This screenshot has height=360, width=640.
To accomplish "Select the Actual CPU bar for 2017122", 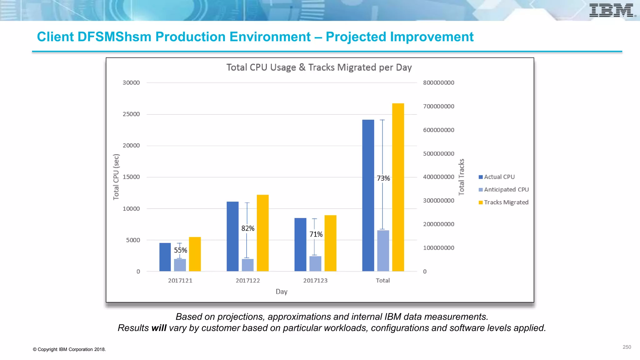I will (x=232, y=236).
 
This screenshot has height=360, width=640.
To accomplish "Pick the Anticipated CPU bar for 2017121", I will (x=180, y=265).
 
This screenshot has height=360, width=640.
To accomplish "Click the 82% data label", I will (x=248, y=228).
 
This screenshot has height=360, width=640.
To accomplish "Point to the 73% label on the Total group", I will (x=383, y=178).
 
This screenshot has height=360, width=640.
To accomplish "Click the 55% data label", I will (x=180, y=250).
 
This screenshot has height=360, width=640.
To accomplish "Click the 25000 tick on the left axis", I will (x=131, y=114).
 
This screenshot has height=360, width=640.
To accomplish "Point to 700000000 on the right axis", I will (x=438, y=106).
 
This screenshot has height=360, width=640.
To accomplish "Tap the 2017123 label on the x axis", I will (x=315, y=281).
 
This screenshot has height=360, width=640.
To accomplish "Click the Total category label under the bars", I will (x=382, y=281).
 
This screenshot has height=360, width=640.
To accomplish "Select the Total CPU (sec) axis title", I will (x=116, y=177).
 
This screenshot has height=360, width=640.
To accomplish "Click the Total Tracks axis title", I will (x=461, y=177).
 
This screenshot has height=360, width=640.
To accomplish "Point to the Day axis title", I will (x=281, y=292).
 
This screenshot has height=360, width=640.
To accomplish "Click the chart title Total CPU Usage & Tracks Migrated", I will (x=319, y=67).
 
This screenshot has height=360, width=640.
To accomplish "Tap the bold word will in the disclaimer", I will (x=159, y=328).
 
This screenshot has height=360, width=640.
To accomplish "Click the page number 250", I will (x=627, y=347).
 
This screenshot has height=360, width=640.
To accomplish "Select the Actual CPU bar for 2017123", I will (x=300, y=244).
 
